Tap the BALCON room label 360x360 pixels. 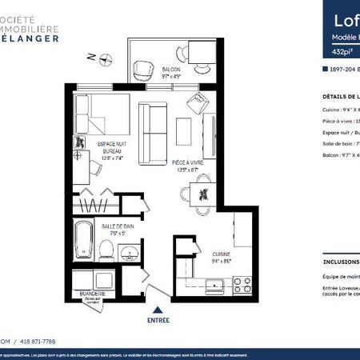pos(170,70)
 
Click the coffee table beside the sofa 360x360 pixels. pos(183,130)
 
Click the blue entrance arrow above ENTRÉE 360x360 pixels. pos(158,308)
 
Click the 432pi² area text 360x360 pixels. pos(331,52)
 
